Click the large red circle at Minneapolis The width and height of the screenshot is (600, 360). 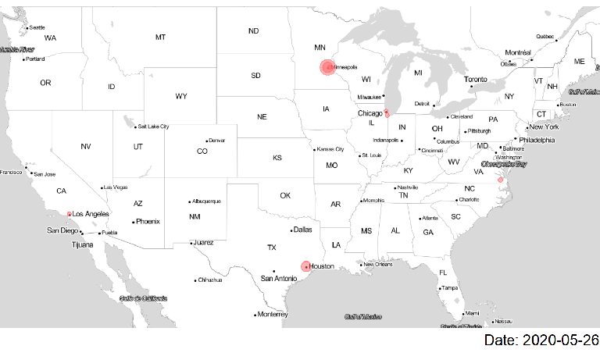(x=327, y=67)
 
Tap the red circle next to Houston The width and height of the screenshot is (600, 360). (x=305, y=266)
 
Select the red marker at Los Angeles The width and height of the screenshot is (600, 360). (x=70, y=214)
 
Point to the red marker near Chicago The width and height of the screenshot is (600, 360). (x=387, y=114)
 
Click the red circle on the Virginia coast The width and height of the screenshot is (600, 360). (x=501, y=180)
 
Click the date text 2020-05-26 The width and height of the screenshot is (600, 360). (x=541, y=340)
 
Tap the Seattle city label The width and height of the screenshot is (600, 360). (x=37, y=28)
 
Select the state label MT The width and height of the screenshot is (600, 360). (x=160, y=37)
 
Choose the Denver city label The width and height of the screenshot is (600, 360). (x=216, y=141)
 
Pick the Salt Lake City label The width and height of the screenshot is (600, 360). (x=153, y=127)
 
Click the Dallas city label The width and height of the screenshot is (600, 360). (x=302, y=230)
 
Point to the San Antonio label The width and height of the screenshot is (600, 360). (x=279, y=279)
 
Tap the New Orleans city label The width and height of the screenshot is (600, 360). (x=377, y=264)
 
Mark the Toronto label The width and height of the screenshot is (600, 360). (x=476, y=80)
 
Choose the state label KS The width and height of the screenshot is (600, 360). (x=277, y=158)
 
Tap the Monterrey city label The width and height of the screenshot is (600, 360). (x=273, y=315)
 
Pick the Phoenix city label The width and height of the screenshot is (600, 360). (x=147, y=221)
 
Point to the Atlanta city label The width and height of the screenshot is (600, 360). (x=430, y=218)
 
